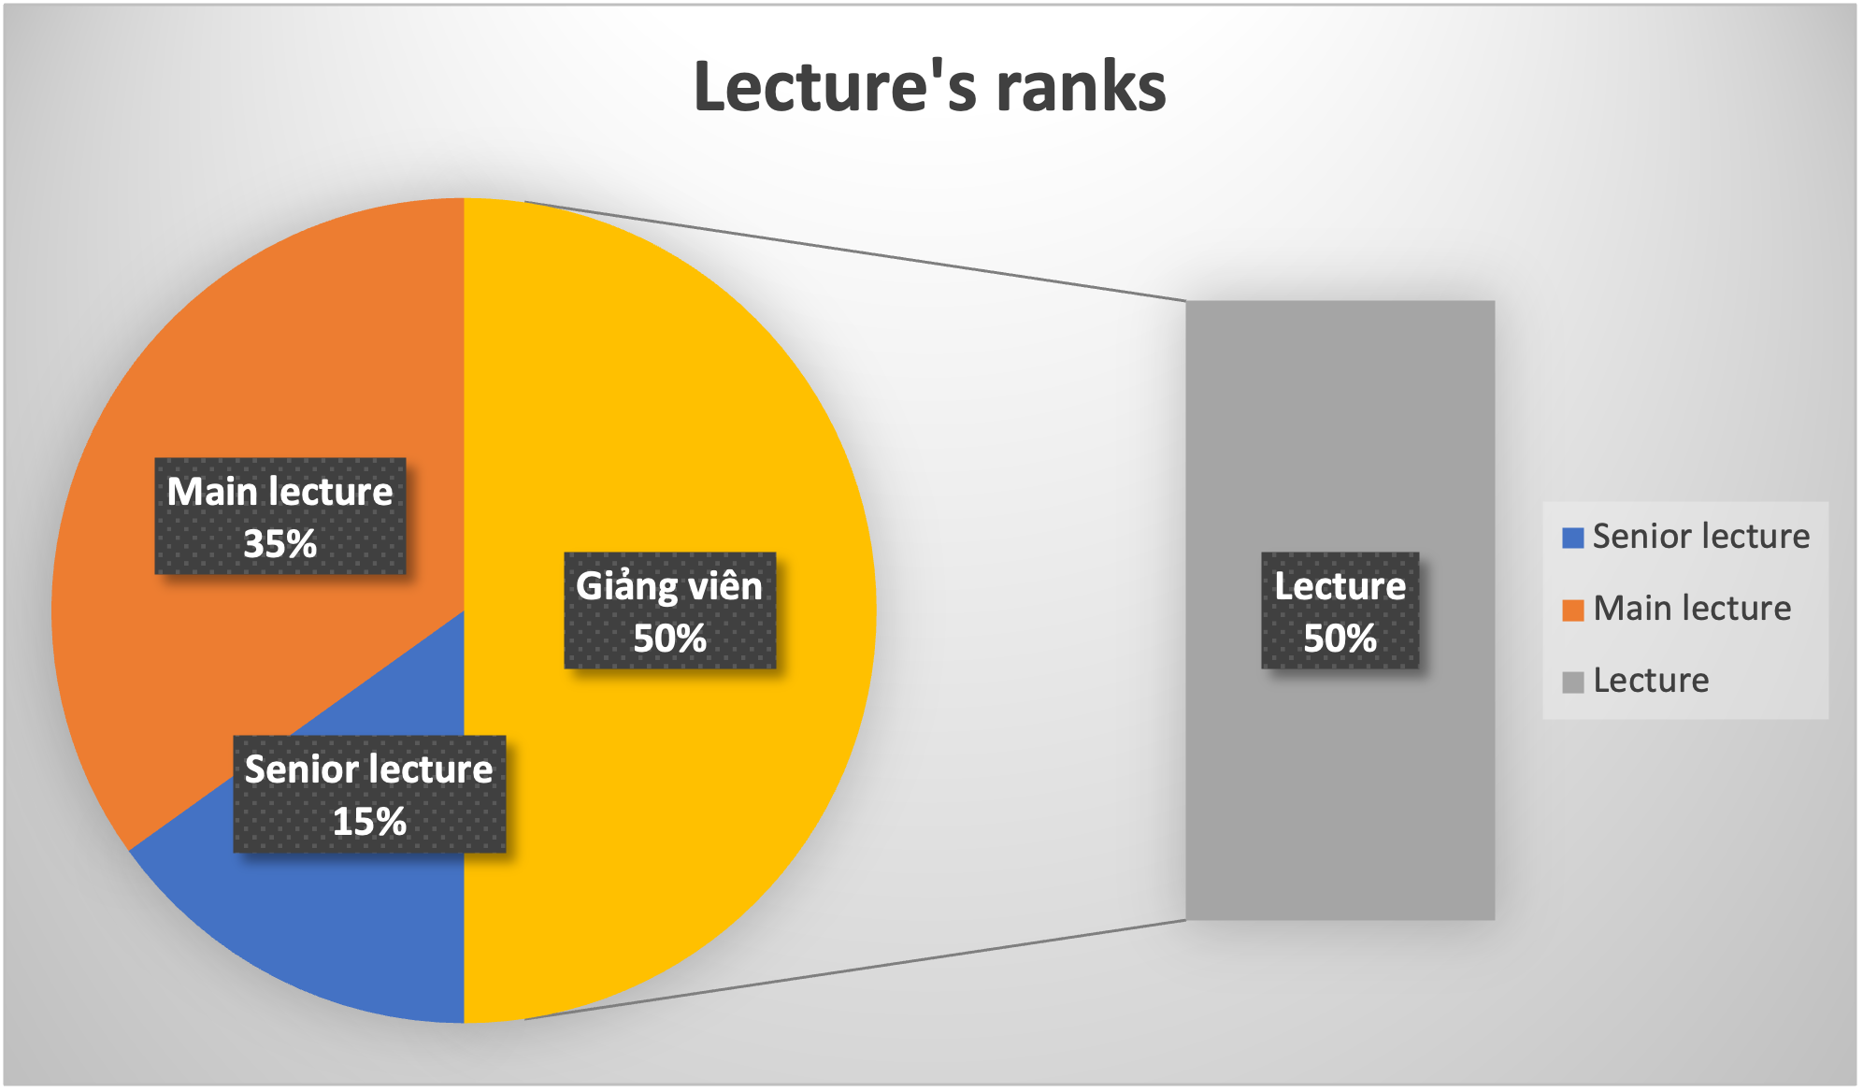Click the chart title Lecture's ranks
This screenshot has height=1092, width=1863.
[930, 86]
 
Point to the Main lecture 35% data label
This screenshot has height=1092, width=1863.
[280, 516]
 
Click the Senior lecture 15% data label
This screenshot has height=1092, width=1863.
[369, 794]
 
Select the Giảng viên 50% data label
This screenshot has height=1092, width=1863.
[669, 611]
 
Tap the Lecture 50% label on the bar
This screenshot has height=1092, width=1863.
[1340, 611]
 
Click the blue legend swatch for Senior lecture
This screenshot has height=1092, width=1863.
[1573, 538]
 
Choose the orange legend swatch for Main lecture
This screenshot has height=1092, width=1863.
[1573, 610]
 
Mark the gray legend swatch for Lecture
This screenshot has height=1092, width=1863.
[1573, 682]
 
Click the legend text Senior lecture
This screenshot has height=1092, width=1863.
[1701, 537]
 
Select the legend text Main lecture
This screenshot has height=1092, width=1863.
[1693, 609]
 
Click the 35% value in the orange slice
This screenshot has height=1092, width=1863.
[280, 544]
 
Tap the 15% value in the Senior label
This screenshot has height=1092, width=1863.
[369, 822]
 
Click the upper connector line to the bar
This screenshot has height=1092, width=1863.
[855, 251]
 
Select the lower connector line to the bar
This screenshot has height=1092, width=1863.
[855, 970]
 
